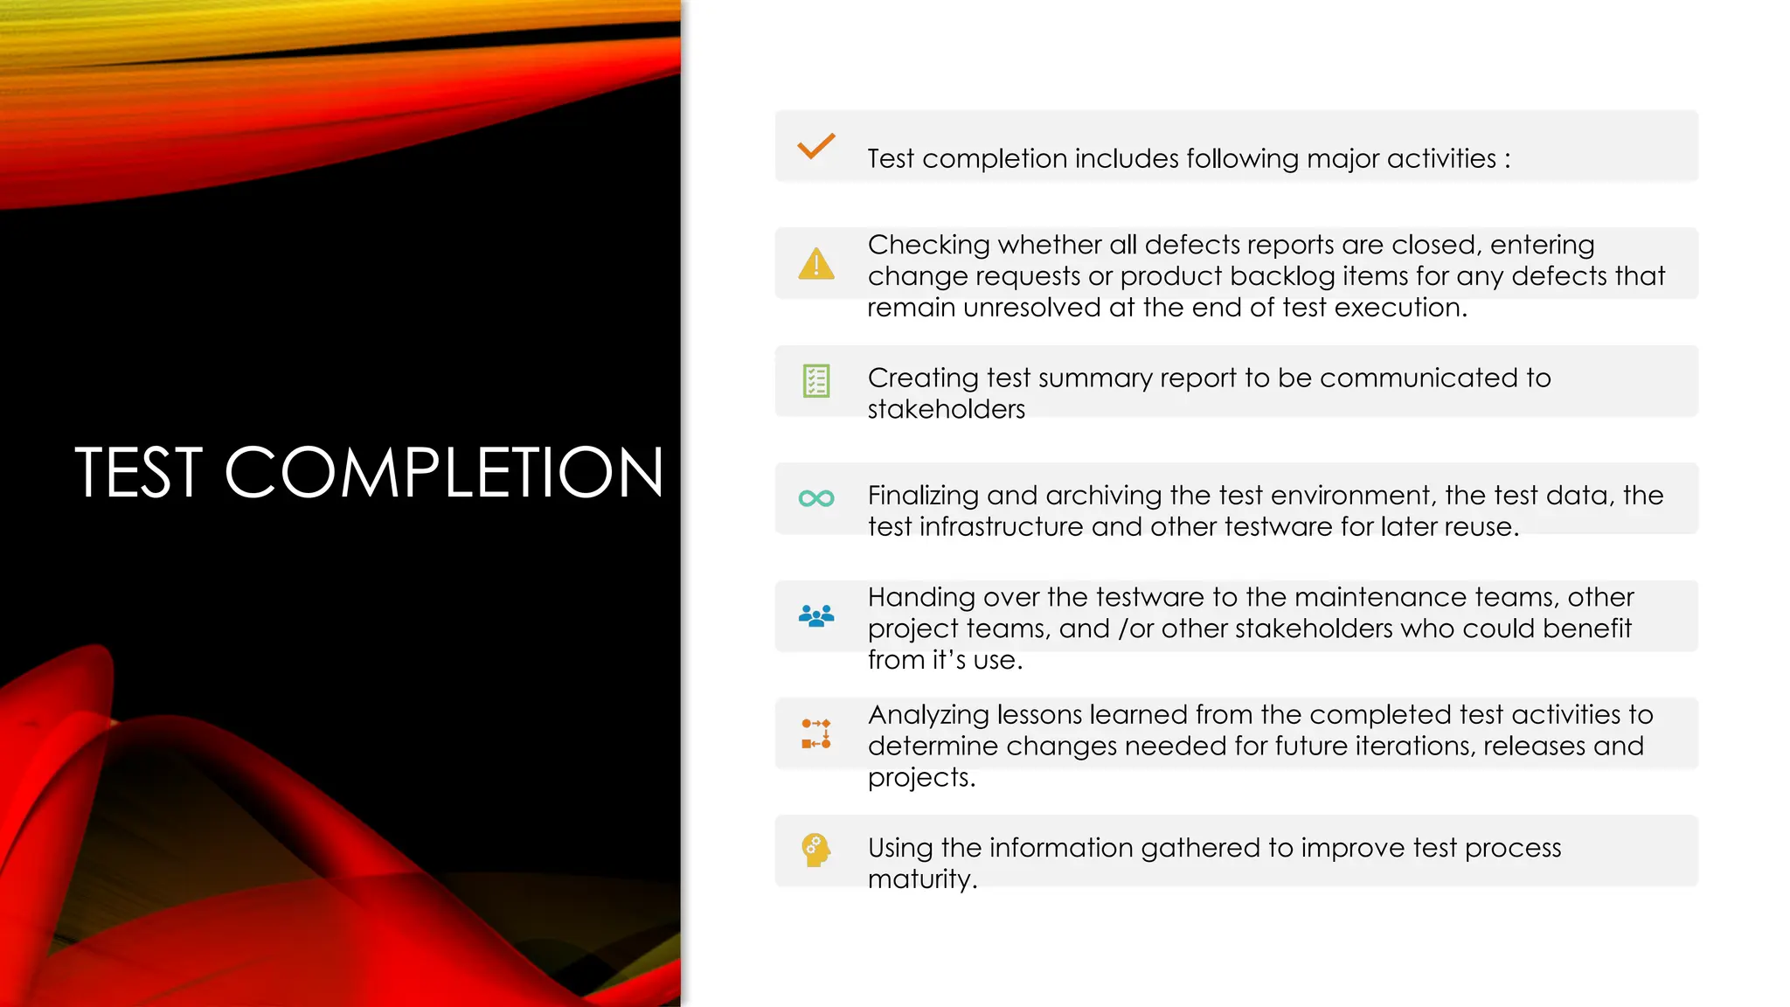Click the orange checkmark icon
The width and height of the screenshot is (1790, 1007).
[816, 146]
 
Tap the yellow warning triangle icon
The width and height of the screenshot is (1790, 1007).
[816, 264]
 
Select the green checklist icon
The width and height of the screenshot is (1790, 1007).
[816, 381]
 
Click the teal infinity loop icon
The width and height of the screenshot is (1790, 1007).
[816, 498]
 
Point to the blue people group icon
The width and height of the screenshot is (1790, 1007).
[816, 616]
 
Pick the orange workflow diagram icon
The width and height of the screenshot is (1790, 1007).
[816, 733]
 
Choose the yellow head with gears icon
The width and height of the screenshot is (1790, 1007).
[815, 850]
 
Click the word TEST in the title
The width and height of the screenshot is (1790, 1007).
[139, 473]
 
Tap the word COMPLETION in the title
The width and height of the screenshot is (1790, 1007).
[444, 473]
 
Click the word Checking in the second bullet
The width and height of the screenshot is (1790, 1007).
[928, 246]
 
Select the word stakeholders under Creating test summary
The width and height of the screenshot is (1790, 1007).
[946, 409]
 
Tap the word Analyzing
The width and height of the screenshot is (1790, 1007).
[928, 716]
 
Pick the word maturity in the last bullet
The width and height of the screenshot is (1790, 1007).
[921, 879]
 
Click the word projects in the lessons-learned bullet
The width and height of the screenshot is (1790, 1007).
[921, 778]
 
